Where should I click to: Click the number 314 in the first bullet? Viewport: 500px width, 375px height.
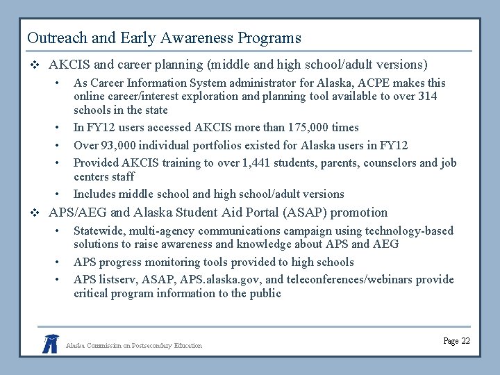[x=427, y=97]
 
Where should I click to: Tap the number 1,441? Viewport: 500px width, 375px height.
[x=242, y=163]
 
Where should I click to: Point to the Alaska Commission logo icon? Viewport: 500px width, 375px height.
[x=50, y=343]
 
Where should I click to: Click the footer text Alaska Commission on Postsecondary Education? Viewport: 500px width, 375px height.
[x=134, y=345]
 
